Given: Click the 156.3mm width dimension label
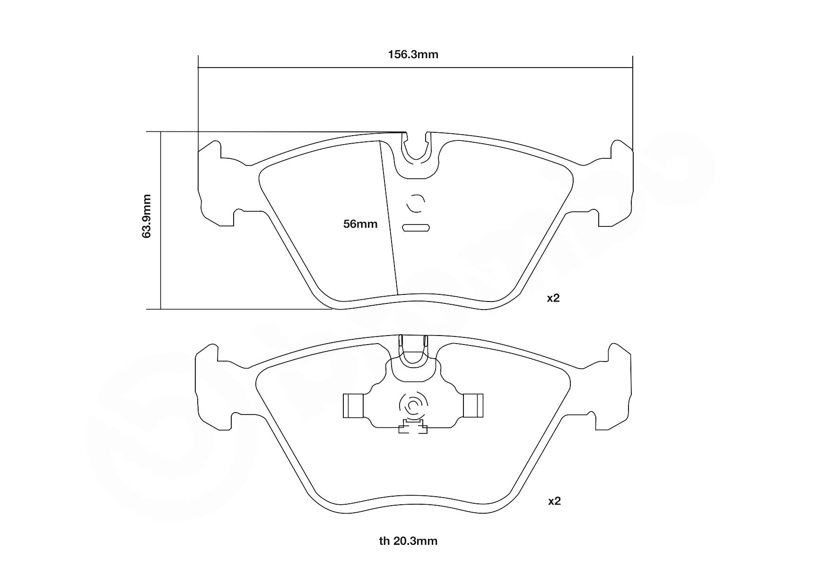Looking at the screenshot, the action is click(x=413, y=54).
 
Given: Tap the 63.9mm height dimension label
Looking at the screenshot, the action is click(x=147, y=215).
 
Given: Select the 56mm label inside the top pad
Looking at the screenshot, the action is click(x=360, y=224).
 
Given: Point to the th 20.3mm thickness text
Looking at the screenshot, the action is click(x=408, y=541).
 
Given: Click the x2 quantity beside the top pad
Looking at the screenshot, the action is click(x=553, y=298).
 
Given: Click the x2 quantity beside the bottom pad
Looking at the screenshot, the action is click(x=554, y=501).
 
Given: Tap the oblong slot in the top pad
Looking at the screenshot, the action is click(x=416, y=228).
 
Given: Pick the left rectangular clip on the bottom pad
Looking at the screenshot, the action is click(x=353, y=406).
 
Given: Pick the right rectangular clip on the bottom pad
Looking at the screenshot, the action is click(x=473, y=406).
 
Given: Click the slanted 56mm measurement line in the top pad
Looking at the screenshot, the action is click(x=389, y=217).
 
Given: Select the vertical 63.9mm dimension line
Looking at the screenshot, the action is click(x=161, y=221).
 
